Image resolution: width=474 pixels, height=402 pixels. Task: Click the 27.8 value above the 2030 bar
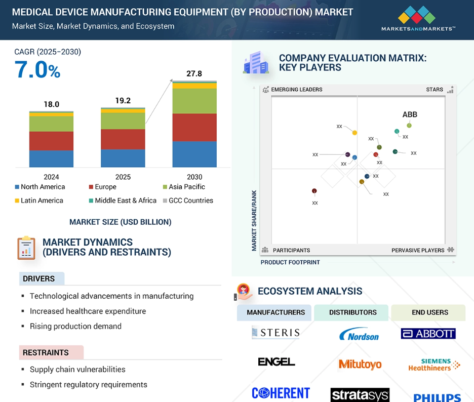click(194, 74)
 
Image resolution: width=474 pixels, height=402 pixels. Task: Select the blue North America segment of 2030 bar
click(194, 154)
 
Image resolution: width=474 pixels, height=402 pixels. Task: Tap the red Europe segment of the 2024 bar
click(51, 141)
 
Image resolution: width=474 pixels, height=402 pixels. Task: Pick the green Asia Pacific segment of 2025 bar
click(123, 120)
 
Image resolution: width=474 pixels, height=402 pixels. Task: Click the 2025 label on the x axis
click(123, 177)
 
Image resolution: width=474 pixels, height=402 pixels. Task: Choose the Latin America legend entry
click(39, 200)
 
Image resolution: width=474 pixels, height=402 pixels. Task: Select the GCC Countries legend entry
click(187, 200)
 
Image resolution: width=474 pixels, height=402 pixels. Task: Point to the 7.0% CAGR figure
click(37, 70)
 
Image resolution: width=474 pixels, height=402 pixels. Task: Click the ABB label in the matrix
click(410, 114)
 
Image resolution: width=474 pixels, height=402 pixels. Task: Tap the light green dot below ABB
click(409, 126)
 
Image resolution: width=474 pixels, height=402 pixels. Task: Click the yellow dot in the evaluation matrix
click(354, 133)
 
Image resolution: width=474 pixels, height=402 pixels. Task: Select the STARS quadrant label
click(434, 90)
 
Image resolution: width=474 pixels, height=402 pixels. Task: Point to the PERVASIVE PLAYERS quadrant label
click(418, 250)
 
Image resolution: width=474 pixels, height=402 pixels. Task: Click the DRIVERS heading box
click(42, 278)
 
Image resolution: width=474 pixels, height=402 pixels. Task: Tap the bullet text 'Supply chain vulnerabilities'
click(77, 369)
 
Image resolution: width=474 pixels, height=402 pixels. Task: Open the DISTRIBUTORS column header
click(352, 312)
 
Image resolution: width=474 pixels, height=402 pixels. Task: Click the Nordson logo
click(359, 335)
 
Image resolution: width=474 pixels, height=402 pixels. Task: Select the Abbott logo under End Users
click(428, 334)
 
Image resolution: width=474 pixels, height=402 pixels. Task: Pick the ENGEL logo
click(276, 362)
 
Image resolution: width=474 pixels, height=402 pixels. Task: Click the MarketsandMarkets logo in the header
click(418, 19)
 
